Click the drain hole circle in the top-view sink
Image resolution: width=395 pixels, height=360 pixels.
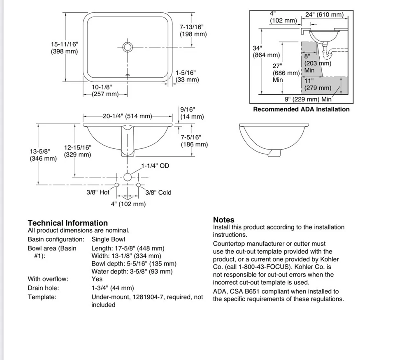(128, 47)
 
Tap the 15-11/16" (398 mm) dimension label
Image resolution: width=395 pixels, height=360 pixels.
(64, 48)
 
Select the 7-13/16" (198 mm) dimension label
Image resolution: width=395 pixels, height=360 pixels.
(193, 30)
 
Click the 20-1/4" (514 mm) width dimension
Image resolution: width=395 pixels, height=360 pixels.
(127, 116)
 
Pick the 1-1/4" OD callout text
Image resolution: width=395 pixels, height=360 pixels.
(155, 166)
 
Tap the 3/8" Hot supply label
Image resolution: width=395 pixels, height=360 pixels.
(98, 192)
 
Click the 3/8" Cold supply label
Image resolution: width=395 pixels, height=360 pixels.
(158, 192)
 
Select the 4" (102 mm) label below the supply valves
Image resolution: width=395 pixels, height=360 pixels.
(128, 204)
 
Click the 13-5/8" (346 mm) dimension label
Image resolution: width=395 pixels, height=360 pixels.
(43, 155)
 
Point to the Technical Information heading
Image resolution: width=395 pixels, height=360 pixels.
(67, 223)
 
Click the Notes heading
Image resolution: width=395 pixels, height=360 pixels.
(223, 220)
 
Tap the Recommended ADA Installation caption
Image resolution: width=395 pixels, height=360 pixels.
(301, 109)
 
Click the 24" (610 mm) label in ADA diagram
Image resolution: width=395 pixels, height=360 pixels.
(324, 15)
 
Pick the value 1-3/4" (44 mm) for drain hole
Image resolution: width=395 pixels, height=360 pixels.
(112, 288)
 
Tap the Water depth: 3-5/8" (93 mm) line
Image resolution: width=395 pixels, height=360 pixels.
(132, 271)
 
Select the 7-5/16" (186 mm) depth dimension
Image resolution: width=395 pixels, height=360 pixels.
(194, 141)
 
